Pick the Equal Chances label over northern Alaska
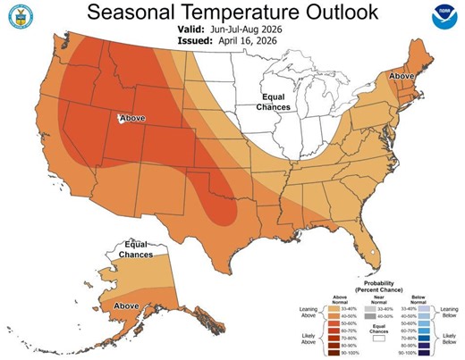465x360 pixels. click(136, 249)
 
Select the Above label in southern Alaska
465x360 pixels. click(126, 306)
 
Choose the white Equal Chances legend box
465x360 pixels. click(379, 339)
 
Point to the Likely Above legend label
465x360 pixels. click(304, 340)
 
